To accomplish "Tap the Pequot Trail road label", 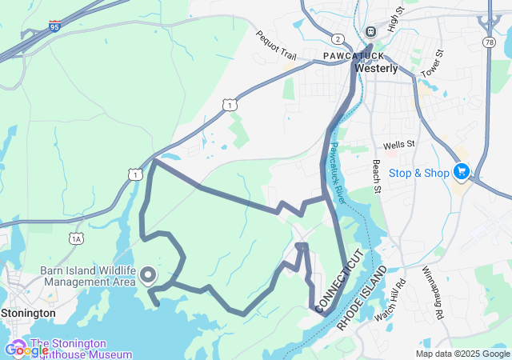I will point(276,47).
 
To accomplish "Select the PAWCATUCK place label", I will point(354,55).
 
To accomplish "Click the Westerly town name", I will point(376,69).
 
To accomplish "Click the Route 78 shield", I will point(489,41).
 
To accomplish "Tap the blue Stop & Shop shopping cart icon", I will point(461,172).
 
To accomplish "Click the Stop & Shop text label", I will point(419,173).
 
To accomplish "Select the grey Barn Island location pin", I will point(148,276).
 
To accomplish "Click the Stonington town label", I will point(28,313).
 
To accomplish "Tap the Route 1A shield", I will point(76,238).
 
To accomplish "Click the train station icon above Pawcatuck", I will point(370,31).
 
